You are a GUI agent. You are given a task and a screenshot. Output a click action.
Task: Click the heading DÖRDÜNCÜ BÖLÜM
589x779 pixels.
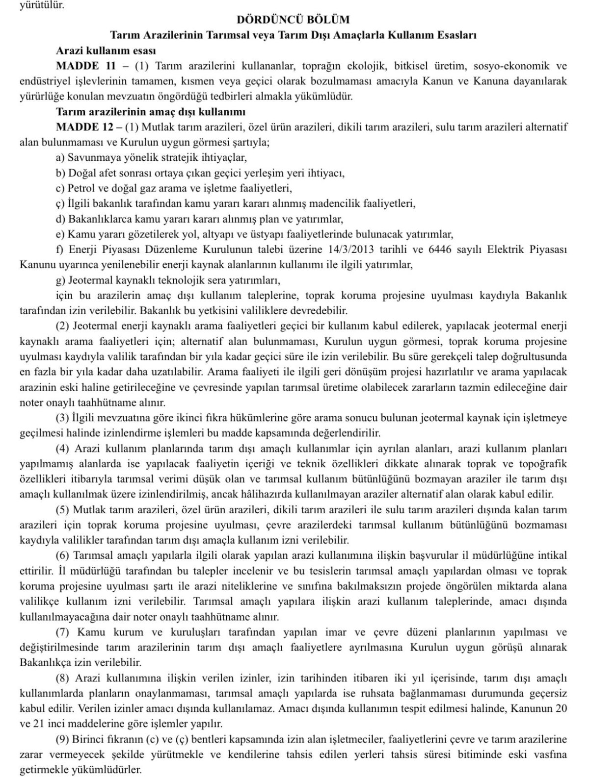(294, 20)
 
